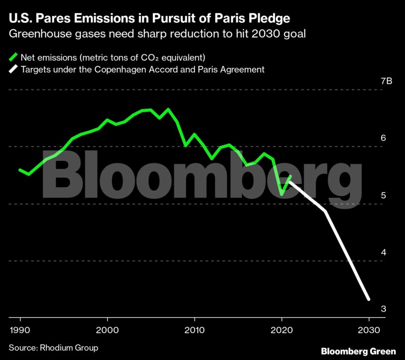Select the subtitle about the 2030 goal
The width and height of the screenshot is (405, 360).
160,34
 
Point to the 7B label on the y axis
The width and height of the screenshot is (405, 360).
386,82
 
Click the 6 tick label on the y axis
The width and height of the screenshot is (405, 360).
383,138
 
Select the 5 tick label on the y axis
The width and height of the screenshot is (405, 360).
383,196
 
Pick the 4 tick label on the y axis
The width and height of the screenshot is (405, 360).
383,252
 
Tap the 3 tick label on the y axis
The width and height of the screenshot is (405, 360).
383,309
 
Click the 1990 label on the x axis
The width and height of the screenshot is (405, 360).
20,330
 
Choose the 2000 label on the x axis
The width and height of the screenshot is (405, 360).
107,330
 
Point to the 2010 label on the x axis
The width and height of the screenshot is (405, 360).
194,330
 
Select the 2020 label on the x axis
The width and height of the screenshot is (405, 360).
282,330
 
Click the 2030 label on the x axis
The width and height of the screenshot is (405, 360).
369,330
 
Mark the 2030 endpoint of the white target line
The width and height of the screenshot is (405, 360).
369,299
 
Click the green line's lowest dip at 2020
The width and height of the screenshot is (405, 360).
282,195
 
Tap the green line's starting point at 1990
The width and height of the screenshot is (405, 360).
20,170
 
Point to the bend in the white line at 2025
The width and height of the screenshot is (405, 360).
325,212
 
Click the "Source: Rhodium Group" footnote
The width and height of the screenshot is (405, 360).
53,347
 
